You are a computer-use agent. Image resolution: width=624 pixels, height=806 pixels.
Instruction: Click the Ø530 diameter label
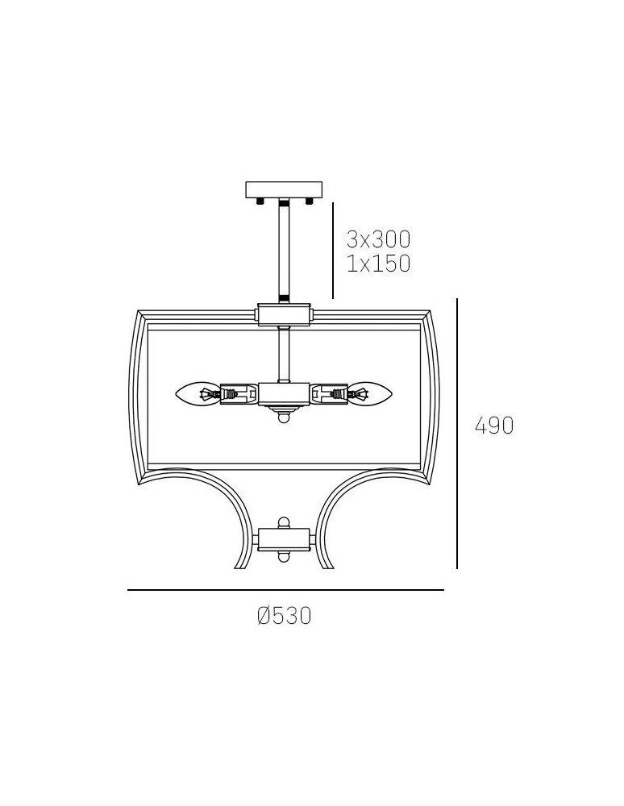285,615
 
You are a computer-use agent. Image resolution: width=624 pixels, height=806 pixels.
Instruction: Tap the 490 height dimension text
494,426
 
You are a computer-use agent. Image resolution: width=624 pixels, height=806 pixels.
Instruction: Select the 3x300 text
379,239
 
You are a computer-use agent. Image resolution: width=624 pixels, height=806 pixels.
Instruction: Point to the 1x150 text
379,264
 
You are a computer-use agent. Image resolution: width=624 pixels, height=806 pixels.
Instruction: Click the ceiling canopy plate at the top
285,189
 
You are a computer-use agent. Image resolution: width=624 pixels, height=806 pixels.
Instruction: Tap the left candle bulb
198,395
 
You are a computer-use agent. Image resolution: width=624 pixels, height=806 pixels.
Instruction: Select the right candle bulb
371,395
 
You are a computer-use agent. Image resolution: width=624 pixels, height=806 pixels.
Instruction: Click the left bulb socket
239,395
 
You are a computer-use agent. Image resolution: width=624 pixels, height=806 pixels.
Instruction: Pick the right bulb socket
330,395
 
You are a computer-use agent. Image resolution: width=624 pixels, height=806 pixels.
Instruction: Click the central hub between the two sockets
285,394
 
